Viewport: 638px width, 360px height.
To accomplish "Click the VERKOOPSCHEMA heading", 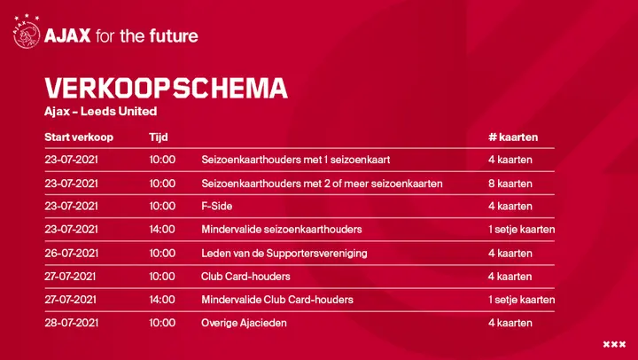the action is [x=166, y=88].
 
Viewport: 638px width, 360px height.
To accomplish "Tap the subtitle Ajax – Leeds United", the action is [x=100, y=111].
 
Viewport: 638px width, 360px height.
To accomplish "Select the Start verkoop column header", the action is [x=79, y=137].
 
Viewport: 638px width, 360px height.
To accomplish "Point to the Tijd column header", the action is [x=159, y=137].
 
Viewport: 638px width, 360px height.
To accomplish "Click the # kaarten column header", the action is [x=513, y=137].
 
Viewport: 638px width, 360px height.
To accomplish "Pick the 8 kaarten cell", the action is [x=510, y=184].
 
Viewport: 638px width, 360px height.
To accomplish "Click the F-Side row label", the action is [x=217, y=206].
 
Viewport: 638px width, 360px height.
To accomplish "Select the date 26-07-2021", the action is [x=71, y=254].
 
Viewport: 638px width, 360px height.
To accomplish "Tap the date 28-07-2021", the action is [x=71, y=323].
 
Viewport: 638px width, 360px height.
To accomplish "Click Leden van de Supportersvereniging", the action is [x=284, y=254].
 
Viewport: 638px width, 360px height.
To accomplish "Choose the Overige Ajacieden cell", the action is [x=244, y=323].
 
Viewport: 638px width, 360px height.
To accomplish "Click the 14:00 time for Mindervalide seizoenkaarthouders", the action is [x=162, y=230].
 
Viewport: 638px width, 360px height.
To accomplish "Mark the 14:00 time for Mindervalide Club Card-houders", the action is [x=162, y=300].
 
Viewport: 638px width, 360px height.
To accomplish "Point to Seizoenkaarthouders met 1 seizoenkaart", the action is [x=295, y=160].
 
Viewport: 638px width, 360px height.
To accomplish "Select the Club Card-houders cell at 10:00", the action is [x=245, y=277].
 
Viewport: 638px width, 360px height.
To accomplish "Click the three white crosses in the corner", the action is [x=614, y=345].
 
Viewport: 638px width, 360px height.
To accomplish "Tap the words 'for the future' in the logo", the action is [x=147, y=35].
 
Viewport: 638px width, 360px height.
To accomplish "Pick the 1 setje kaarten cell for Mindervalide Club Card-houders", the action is [x=522, y=300].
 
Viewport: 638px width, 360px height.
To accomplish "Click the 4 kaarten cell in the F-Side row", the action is [x=510, y=206].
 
